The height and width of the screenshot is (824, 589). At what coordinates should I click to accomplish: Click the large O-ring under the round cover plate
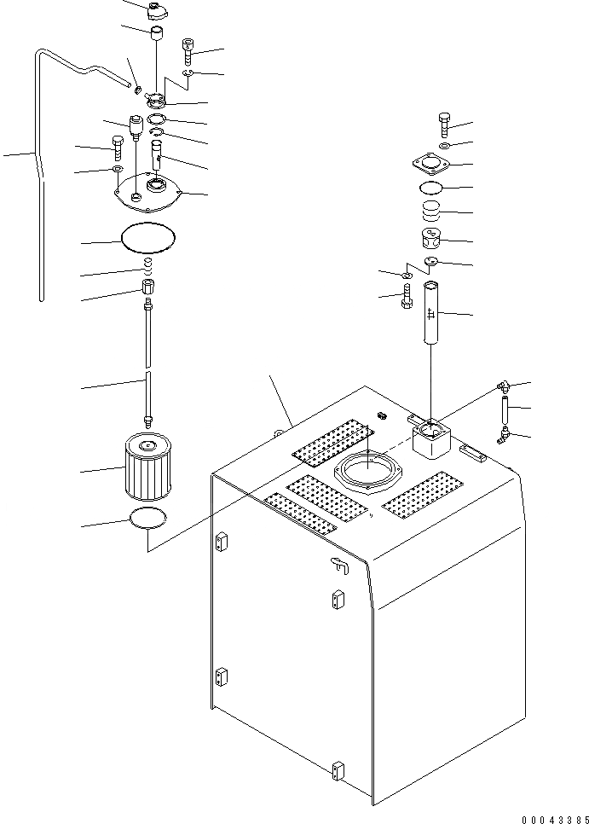tap(148, 237)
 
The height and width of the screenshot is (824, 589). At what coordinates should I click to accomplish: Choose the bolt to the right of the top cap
tap(188, 50)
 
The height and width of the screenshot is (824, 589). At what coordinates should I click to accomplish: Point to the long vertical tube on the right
tap(432, 313)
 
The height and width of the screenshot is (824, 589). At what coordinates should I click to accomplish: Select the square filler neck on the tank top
tap(433, 440)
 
